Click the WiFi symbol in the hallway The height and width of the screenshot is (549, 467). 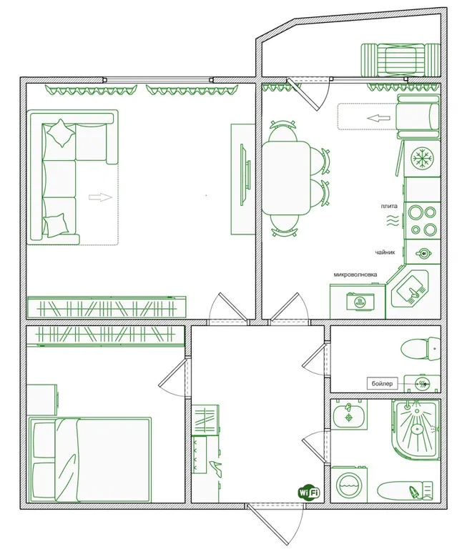(x=309, y=493)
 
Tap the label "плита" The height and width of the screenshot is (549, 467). (x=389, y=206)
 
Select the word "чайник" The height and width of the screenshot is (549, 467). (x=385, y=252)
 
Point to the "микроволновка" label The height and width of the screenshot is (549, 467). (x=355, y=274)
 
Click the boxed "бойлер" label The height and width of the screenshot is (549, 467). (x=382, y=384)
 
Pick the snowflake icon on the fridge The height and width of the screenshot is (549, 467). (x=422, y=157)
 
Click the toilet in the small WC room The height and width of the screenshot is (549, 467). (x=421, y=349)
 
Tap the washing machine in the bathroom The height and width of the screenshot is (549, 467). (x=349, y=485)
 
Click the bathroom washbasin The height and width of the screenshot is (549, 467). (x=349, y=415)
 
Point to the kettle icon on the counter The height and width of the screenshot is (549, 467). (x=424, y=252)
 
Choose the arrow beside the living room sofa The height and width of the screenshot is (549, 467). (x=100, y=197)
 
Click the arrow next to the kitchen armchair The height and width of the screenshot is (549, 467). (x=378, y=119)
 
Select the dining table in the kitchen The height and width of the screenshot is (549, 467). (x=285, y=177)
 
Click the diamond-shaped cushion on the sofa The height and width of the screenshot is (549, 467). (x=61, y=133)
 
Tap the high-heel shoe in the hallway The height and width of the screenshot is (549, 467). (x=215, y=468)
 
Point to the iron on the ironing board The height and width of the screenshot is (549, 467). (x=415, y=492)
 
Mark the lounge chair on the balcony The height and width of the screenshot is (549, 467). (x=400, y=59)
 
